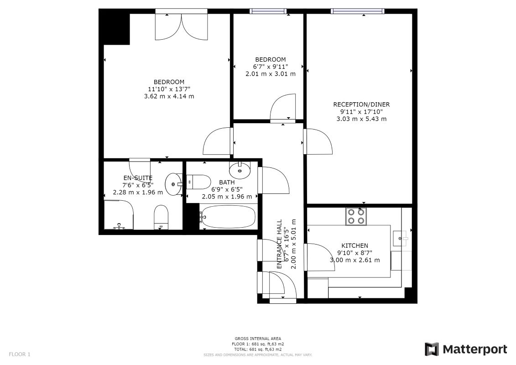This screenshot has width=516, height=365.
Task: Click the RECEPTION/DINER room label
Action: point(361,104)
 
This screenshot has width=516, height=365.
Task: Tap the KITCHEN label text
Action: point(355,245)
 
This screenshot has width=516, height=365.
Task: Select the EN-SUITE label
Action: point(138,178)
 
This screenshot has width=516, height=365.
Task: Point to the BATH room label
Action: point(227,182)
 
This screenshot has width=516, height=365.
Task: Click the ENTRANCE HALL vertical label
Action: point(279,244)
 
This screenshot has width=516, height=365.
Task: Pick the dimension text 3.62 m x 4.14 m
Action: point(169,96)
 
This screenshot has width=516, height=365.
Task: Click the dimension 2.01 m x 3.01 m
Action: point(271,74)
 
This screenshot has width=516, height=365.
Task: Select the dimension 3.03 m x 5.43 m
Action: point(361,119)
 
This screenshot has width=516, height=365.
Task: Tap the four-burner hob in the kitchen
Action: point(356,217)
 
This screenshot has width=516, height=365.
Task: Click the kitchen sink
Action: point(401,238)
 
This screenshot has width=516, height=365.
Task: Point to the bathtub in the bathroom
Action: point(227,217)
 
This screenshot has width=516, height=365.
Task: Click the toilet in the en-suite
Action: point(161,217)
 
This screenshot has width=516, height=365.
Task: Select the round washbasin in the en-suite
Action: point(173,184)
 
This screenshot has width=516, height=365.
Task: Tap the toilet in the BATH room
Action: point(199,182)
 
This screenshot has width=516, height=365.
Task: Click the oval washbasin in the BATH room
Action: point(240,170)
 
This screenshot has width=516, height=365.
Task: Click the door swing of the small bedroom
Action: point(282,107)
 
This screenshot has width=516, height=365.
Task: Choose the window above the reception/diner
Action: point(358,11)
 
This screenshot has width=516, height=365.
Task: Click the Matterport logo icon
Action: point(432,349)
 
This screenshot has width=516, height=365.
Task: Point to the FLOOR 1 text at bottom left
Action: point(20,355)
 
